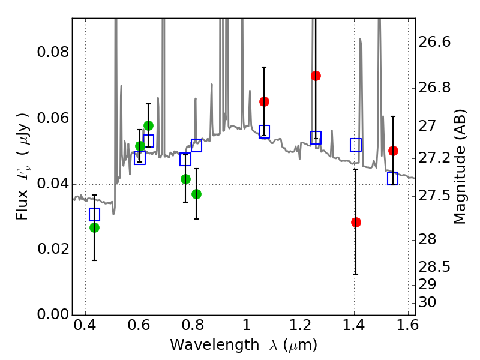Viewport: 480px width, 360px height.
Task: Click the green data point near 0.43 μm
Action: click(x=94, y=227)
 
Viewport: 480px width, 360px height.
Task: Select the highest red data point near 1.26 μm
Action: click(x=316, y=76)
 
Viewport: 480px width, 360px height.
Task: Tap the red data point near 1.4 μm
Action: click(x=356, y=222)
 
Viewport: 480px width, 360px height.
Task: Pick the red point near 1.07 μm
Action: click(x=264, y=101)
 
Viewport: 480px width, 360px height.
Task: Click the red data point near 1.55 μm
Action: click(x=393, y=151)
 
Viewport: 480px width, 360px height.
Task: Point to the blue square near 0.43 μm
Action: click(x=94, y=214)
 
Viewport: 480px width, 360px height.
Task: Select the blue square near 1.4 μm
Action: click(x=356, y=145)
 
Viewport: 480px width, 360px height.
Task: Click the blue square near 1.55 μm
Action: click(x=393, y=178)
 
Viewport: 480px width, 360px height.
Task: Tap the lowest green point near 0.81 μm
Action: click(x=196, y=194)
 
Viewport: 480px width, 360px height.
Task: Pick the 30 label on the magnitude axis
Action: click(x=429, y=302)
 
